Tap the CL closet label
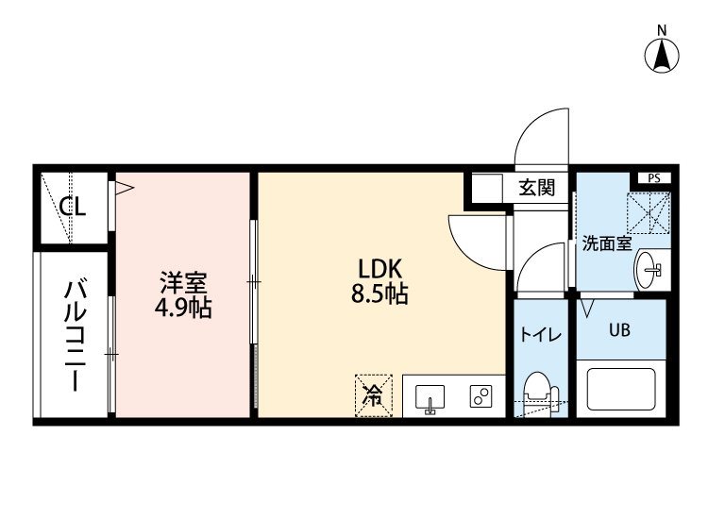[x=73, y=208]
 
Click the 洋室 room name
[x=183, y=282]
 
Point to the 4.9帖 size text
[x=183, y=309]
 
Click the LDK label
[x=379, y=269]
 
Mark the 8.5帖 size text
[x=379, y=294]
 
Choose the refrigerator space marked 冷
[x=374, y=395]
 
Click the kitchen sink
[x=430, y=398]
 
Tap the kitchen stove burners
[x=480, y=396]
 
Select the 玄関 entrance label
[x=537, y=187]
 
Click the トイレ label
[x=541, y=335]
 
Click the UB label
[x=619, y=330]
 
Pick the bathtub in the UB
[x=621, y=389]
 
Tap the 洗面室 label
[x=606, y=243]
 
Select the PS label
[x=654, y=178]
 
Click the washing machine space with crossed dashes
[x=649, y=212]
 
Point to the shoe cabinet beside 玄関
[x=487, y=188]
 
